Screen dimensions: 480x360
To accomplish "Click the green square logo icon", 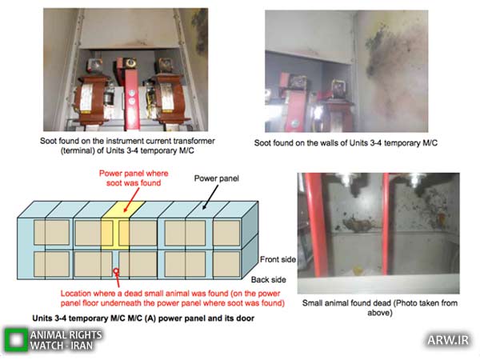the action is click(x=16, y=339).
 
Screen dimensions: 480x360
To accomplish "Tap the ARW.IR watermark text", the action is click(x=448, y=340).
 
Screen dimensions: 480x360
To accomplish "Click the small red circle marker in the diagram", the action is click(x=116, y=271).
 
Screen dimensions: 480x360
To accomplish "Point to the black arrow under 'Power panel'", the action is click(x=210, y=198).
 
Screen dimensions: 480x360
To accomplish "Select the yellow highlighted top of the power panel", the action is click(x=123, y=210).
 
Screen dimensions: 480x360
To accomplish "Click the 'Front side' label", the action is click(x=278, y=259).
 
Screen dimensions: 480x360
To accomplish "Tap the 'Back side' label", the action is click(x=269, y=279).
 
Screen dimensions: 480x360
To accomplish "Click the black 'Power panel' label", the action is click(x=217, y=178).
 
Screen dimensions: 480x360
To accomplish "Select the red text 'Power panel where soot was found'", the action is click(x=134, y=178).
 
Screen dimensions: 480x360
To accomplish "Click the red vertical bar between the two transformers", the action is click(x=132, y=98).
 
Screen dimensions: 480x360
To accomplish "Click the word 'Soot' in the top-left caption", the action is click(x=48, y=141).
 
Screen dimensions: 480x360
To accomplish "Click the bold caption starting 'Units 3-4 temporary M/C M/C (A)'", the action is click(x=143, y=318).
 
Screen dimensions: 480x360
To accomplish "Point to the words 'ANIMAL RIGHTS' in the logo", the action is click(x=66, y=335).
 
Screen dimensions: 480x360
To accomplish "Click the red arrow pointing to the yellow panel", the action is click(x=131, y=200).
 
